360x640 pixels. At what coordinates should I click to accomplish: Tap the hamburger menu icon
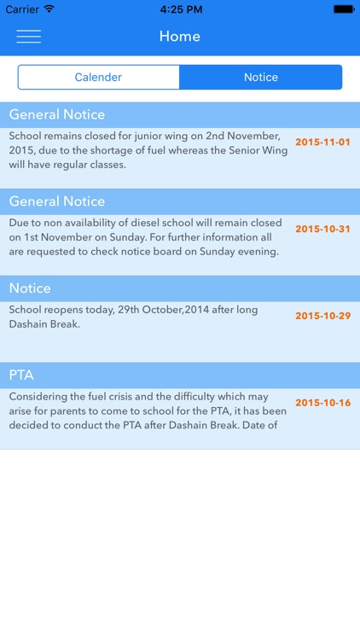[x=28, y=37]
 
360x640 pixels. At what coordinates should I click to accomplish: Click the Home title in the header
[x=179, y=37]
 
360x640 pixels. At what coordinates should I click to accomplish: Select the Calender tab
[x=98, y=77]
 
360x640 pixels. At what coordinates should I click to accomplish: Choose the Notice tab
[x=261, y=77]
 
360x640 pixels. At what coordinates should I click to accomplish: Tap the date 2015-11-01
[x=322, y=142]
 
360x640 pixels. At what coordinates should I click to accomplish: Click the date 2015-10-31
[x=322, y=229]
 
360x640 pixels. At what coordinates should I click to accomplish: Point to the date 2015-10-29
[x=322, y=316]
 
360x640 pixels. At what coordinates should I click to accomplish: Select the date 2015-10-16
[x=322, y=403]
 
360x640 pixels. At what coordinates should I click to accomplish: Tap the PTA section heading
[x=21, y=375]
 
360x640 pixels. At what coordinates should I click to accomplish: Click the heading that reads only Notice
[x=30, y=288]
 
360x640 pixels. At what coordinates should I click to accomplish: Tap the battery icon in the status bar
[x=344, y=9]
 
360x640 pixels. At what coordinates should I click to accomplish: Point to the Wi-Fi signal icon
[x=49, y=9]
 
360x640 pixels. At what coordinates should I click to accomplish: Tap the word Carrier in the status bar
[x=21, y=9]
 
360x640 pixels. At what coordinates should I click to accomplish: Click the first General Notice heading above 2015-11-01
[x=57, y=114]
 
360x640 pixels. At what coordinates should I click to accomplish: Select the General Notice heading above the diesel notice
[x=57, y=201]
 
